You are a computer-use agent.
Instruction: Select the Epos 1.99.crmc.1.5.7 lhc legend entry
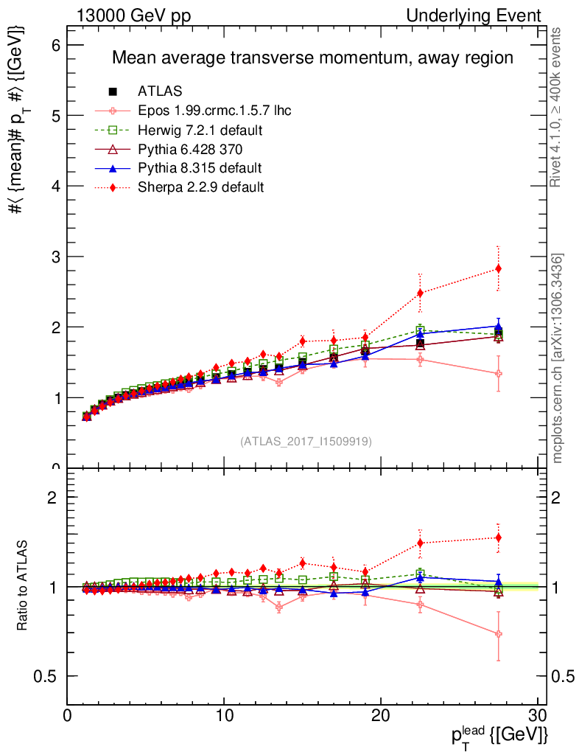coord(214,111)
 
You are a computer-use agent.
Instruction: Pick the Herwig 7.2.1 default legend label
coord(200,130)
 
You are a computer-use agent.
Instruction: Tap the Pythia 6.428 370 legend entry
coord(193,149)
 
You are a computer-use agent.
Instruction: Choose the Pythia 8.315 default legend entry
coord(200,168)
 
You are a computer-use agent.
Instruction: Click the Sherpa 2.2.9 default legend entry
coord(200,187)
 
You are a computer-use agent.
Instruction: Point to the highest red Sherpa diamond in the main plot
coord(499,268)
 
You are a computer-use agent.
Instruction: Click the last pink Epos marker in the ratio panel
coord(499,634)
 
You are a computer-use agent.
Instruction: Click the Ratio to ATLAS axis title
coord(24,586)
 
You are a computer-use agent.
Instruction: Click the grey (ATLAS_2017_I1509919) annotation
coord(306,442)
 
